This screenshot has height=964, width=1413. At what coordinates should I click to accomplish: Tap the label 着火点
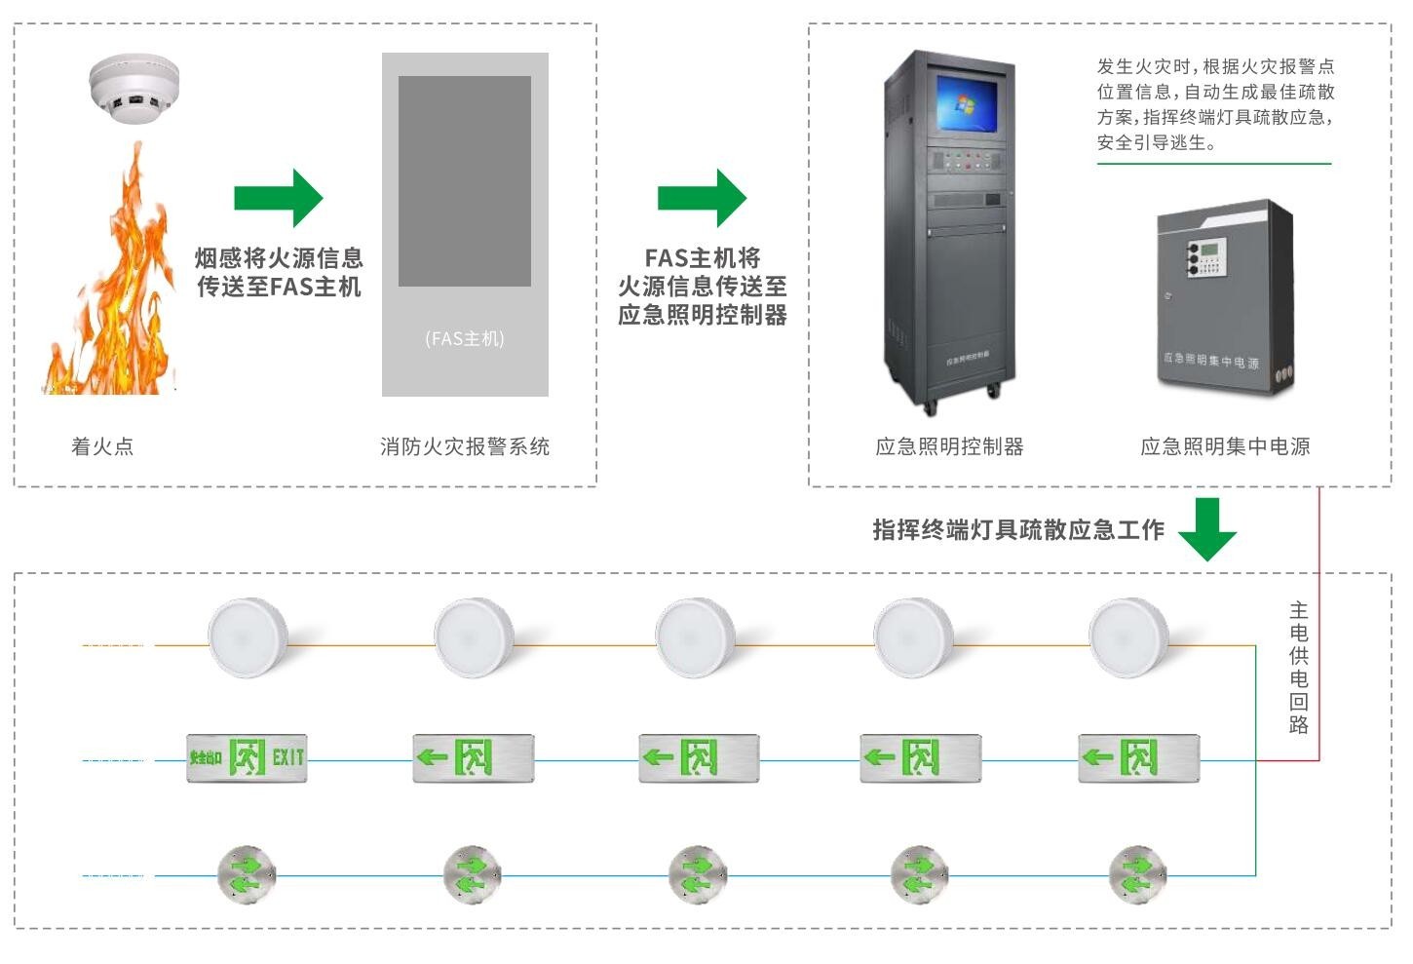coord(102,446)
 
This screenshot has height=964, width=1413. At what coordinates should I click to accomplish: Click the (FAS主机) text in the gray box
coord(465,339)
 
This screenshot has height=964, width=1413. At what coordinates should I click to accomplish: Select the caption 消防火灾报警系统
coord(465,446)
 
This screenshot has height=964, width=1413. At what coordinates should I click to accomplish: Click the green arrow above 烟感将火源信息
coord(278,198)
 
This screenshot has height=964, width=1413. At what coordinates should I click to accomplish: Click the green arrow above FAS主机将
coord(702,198)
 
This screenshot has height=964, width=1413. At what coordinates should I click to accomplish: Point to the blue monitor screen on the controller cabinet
coord(967,102)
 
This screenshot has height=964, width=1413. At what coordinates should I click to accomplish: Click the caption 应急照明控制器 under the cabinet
coord(949,446)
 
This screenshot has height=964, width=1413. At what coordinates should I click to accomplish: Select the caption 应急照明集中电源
coord(1225,446)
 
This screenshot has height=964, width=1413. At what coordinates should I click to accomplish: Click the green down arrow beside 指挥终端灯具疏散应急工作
coord(1207,529)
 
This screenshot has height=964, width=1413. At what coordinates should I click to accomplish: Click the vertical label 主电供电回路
coord(1298,668)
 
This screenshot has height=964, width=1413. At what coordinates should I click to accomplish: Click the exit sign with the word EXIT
coord(247,757)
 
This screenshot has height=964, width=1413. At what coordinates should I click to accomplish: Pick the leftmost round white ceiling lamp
coord(248,637)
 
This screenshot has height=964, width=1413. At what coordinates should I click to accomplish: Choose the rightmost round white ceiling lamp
coord(1128,637)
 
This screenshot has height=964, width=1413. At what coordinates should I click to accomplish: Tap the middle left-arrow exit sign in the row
coord(699,757)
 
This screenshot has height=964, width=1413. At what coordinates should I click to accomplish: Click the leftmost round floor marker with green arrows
coord(247,874)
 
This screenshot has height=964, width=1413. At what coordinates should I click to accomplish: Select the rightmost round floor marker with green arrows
coord(1137,874)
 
